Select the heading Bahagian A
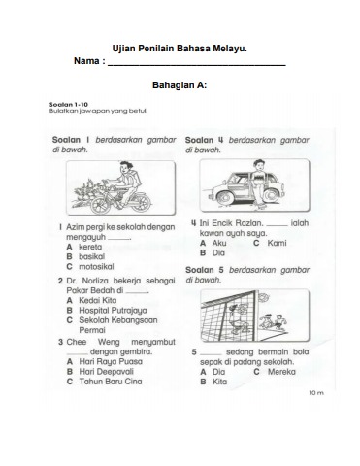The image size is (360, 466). (180, 85)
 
